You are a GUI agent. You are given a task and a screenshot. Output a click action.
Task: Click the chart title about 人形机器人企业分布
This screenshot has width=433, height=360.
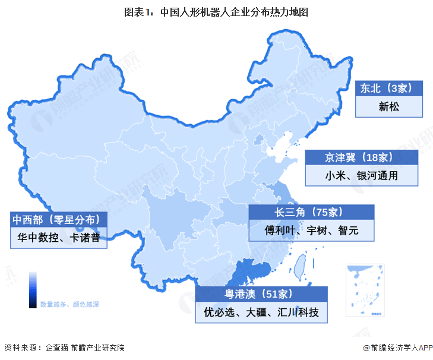coord(216,11)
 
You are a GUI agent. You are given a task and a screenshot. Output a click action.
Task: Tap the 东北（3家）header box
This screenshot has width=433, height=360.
coord(390,89)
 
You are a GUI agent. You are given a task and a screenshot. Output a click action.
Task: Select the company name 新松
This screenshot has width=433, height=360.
coord(390,108)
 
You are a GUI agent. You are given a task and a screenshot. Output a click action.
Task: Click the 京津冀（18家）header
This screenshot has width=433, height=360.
coord(362,157)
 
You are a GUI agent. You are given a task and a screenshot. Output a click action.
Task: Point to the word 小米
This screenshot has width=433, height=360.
coord(334,176)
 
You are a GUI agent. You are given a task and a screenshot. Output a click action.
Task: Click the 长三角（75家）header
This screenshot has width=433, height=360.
coord(312,212)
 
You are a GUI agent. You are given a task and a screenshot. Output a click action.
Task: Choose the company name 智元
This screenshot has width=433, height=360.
coord(347,230)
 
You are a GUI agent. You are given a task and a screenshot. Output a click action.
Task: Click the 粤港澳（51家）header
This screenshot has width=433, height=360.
coord(261,293)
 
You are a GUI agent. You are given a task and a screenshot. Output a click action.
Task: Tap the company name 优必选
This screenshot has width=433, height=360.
coord(221,312)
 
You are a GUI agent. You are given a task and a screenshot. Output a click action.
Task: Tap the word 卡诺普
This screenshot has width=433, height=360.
coord(84,238)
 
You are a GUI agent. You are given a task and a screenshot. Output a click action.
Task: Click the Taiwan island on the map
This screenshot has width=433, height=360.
coord(302,264)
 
